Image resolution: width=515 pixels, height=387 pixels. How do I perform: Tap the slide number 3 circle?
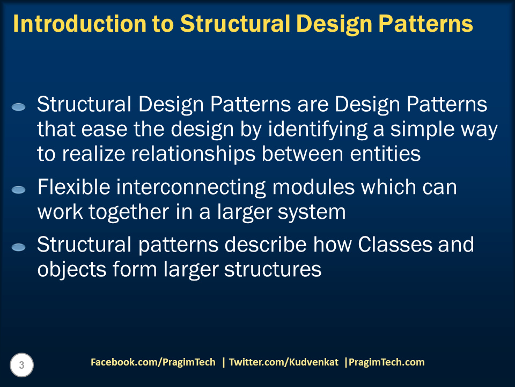[21, 365]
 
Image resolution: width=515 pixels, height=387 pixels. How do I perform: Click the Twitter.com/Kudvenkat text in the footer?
[284, 362]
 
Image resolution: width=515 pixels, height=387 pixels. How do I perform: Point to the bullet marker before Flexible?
[19, 190]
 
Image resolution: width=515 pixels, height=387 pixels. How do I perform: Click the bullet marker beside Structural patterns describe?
[19, 247]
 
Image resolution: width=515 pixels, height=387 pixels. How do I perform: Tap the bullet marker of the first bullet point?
[19, 107]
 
